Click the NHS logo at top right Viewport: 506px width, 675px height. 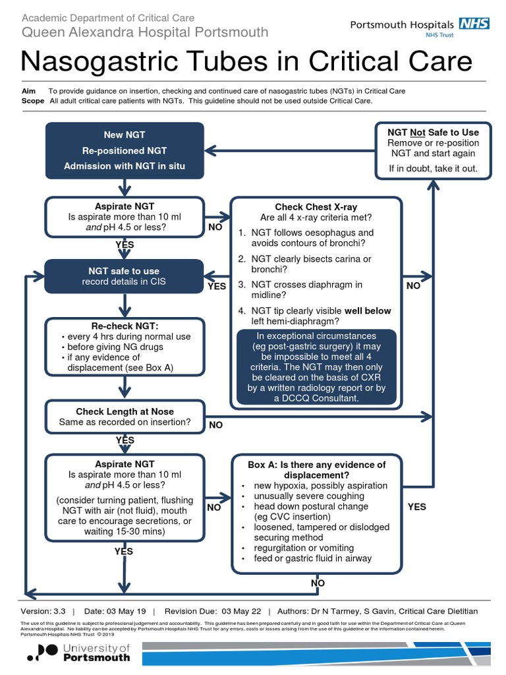click(474, 24)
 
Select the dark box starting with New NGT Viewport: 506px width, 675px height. click(125, 150)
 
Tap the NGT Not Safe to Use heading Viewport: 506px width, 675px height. click(433, 132)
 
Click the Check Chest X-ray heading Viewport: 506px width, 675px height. click(316, 207)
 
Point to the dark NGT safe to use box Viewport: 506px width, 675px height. click(125, 276)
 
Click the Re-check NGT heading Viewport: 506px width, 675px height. click(125, 326)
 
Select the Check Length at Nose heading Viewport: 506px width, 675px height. click(125, 412)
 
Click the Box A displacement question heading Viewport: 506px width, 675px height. click(316, 469)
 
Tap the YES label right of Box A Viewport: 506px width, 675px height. click(417, 507)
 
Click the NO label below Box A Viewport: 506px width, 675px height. click(318, 583)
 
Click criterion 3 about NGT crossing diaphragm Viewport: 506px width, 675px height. click(301, 290)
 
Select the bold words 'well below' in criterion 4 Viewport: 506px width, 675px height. click(368, 311)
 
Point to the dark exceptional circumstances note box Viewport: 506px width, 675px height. click(316, 367)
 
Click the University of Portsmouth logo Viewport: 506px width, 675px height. click(78, 653)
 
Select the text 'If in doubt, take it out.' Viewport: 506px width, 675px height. click(433, 168)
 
